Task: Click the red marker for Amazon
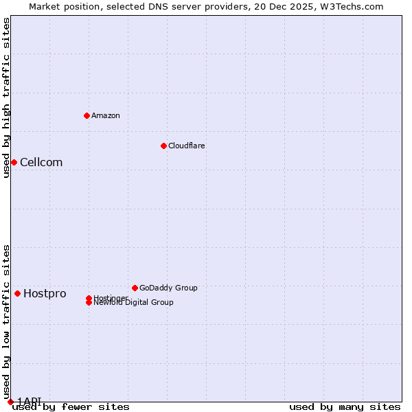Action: (x=87, y=115)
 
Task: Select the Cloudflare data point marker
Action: (x=163, y=146)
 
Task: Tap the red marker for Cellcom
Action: (x=14, y=162)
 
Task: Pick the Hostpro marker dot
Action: (x=17, y=293)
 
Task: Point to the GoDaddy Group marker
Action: (x=135, y=288)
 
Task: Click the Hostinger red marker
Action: (x=89, y=298)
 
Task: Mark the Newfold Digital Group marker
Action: (x=89, y=303)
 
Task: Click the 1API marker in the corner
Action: (x=10, y=402)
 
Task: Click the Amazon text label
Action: (x=106, y=115)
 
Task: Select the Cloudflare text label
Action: (x=187, y=146)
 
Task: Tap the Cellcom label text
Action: (x=41, y=162)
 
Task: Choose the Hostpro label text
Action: (x=45, y=294)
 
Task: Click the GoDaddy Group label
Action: (x=168, y=288)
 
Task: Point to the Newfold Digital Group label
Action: (x=134, y=303)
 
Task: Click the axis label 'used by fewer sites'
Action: (x=71, y=407)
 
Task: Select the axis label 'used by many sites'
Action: (x=345, y=407)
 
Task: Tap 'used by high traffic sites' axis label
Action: (x=6, y=98)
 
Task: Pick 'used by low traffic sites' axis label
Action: (x=6, y=321)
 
